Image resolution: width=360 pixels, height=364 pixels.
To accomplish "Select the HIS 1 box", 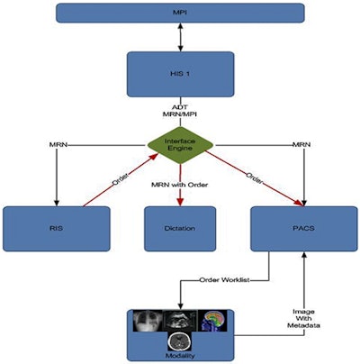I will coord(179,71).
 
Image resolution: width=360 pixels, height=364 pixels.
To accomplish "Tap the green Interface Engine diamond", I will coord(180,143).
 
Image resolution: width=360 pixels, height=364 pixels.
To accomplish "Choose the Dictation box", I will coord(179,229).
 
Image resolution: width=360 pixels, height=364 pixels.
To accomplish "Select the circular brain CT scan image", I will coord(180,340).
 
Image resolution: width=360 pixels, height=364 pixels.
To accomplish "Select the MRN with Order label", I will coord(180,186).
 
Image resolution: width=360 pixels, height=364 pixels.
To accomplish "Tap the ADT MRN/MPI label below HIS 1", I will coord(180,112).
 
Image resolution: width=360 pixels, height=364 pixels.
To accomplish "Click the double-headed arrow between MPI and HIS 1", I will coord(179,37).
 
